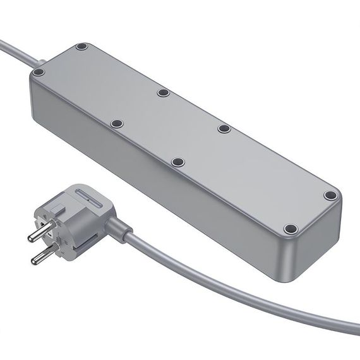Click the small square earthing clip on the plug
point(57,205)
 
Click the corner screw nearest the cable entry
point(81,47)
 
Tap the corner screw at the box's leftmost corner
point(39,73)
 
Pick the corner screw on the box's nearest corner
point(290,229)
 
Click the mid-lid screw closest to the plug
point(116,124)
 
